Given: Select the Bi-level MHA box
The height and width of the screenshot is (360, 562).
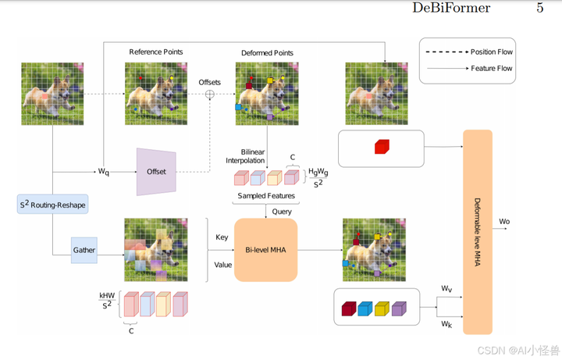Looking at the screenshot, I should [266, 250].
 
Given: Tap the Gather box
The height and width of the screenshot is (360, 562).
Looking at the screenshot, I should [84, 249].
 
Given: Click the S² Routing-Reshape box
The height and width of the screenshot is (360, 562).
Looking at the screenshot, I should [52, 205].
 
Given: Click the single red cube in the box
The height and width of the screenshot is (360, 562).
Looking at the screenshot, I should [381, 147].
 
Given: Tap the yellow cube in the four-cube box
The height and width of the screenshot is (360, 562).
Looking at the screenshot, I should [382, 310].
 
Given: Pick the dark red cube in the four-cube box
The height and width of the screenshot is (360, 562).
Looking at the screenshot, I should [348, 310].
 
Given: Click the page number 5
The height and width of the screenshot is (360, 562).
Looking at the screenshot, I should [539, 9].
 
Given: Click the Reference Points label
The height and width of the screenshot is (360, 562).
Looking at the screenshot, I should [155, 52].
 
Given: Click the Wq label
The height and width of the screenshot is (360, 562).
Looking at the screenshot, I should [103, 172].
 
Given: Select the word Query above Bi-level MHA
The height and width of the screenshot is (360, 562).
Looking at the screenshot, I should [283, 211].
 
